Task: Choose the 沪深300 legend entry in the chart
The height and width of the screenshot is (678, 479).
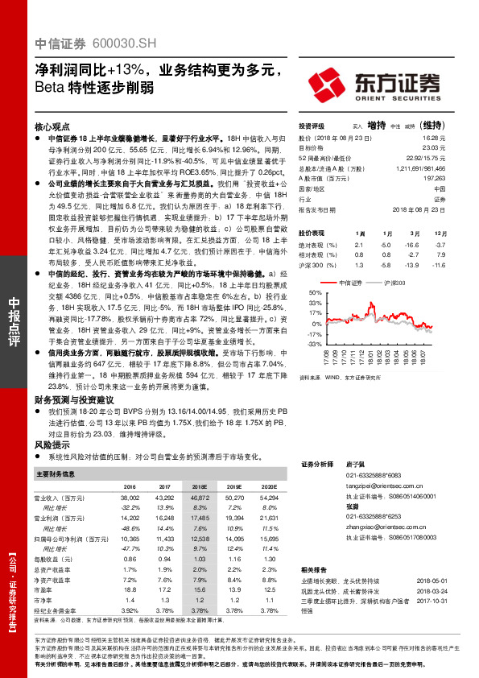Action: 395,283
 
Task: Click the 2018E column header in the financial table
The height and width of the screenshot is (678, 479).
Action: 199,486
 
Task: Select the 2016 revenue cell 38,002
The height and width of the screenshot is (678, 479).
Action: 129,499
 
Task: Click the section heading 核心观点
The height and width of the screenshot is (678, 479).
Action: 55,127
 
